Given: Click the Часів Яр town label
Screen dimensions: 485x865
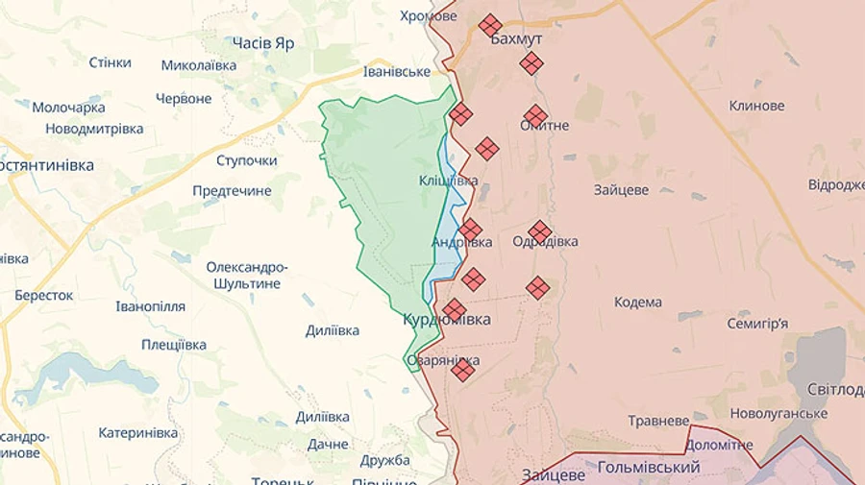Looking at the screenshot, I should point(263,43).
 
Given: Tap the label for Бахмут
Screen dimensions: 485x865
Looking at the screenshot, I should point(516,39).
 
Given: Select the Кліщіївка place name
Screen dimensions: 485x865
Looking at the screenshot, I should point(448,181).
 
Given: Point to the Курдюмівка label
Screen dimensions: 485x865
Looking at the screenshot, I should point(447,319).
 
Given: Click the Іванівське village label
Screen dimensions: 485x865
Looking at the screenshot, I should point(397,72).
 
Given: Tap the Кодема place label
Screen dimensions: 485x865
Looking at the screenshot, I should point(638,303).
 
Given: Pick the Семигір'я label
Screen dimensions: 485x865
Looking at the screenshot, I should point(757,323).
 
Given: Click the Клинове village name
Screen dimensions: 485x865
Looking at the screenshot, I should point(757,106).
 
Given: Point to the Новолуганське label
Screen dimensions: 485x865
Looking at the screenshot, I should point(778,413).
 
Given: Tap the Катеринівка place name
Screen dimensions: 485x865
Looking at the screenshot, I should point(138,433).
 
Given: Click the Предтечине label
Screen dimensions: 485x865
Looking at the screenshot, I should point(232,191).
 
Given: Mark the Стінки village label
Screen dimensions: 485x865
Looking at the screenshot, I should point(110,62).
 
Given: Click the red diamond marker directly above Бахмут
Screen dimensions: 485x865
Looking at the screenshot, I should point(490,25).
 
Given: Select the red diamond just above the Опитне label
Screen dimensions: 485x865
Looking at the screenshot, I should point(535,115).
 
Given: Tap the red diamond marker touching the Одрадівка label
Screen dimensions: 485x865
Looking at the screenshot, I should point(539,231).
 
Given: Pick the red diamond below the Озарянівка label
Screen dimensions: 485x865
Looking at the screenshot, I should point(463,370).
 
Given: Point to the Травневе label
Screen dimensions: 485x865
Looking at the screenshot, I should point(658,421).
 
